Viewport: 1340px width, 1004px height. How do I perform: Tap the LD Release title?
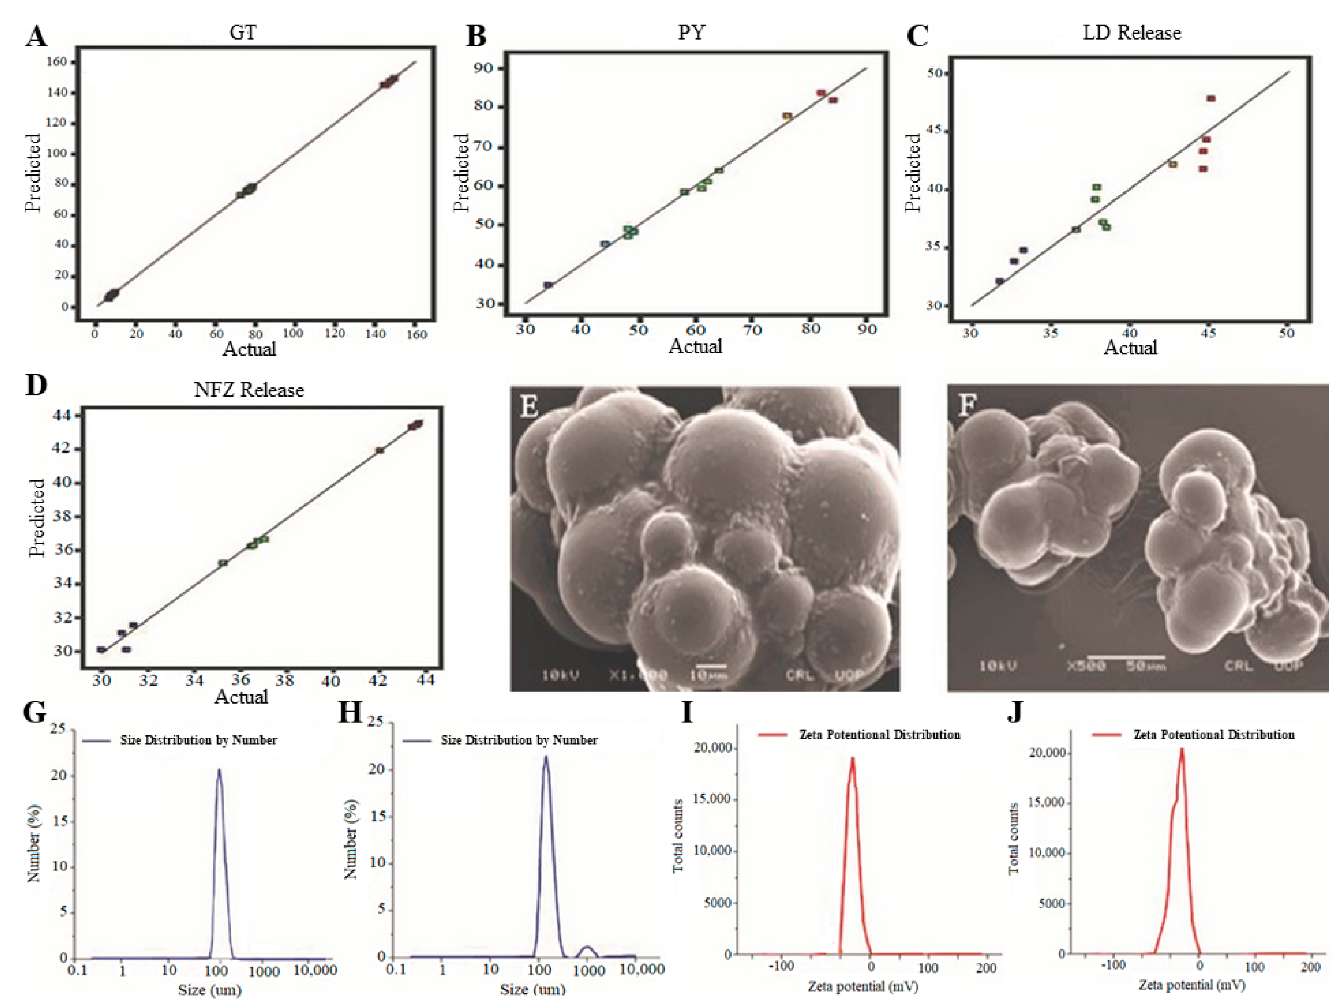(1132, 33)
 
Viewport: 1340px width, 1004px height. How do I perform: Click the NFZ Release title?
(248, 389)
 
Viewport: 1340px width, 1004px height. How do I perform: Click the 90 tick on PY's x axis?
(867, 329)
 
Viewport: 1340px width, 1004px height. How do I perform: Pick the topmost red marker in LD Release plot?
(1211, 98)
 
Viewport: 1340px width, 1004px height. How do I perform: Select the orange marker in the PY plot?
(787, 116)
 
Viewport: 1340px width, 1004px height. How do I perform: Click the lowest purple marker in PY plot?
(548, 285)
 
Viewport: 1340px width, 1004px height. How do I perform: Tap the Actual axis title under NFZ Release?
(241, 697)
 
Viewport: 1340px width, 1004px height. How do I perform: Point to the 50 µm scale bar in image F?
(1125, 656)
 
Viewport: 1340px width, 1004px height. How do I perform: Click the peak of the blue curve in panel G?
(219, 770)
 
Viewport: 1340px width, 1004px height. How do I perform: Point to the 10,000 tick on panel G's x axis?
(315, 971)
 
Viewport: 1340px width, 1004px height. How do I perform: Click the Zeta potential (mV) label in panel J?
(1191, 985)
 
